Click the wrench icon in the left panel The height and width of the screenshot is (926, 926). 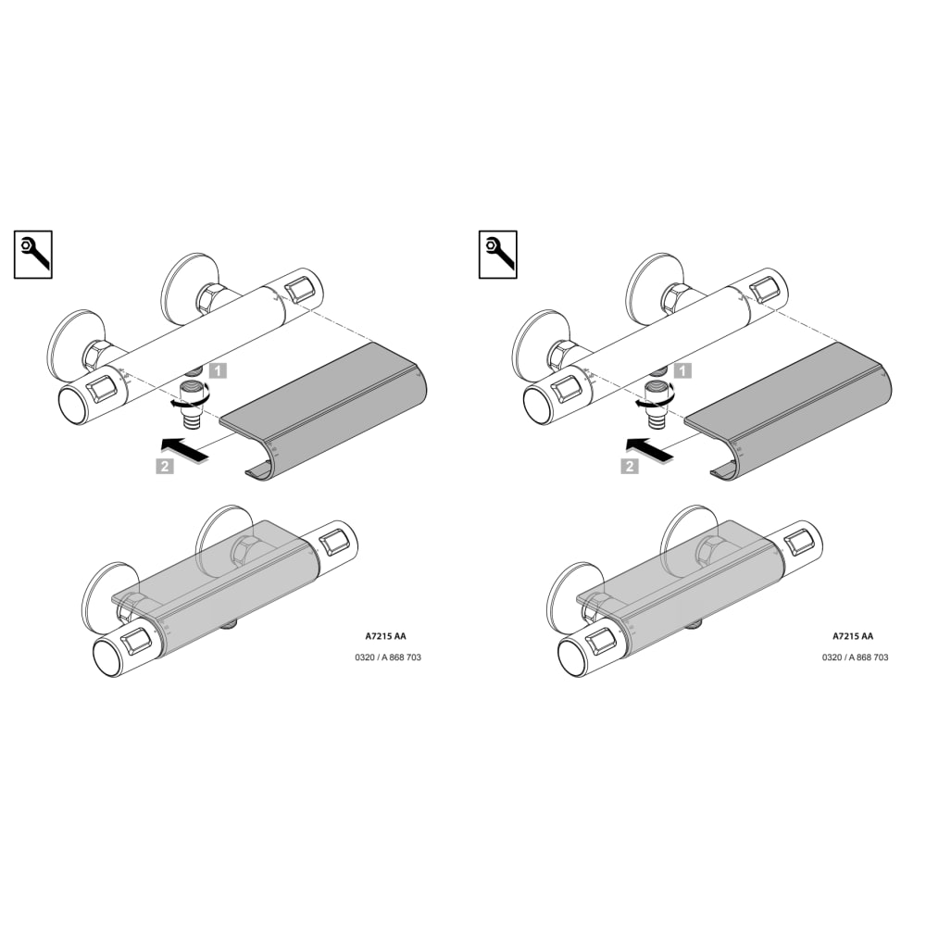[x=33, y=255]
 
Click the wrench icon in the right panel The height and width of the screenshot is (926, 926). [x=498, y=255]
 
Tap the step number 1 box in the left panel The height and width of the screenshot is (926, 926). [x=219, y=371]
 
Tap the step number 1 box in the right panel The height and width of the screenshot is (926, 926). [x=683, y=371]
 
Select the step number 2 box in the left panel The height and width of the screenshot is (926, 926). [x=165, y=466]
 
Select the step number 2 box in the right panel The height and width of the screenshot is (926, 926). [x=630, y=466]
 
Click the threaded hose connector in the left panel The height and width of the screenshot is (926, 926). [x=192, y=405]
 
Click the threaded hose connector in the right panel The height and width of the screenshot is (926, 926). [x=657, y=405]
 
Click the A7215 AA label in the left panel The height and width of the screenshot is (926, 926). [x=385, y=636]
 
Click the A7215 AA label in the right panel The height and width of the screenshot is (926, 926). [x=853, y=636]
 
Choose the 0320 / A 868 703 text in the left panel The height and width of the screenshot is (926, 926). [x=388, y=657]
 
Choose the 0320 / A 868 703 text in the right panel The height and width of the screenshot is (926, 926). [x=855, y=657]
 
